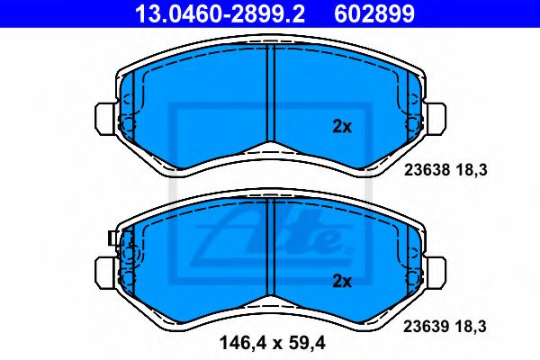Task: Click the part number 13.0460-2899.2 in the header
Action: (220, 13)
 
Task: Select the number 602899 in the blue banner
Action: (374, 13)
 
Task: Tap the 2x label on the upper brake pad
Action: (342, 127)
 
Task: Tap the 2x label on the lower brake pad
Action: (342, 282)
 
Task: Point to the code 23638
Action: (427, 170)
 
